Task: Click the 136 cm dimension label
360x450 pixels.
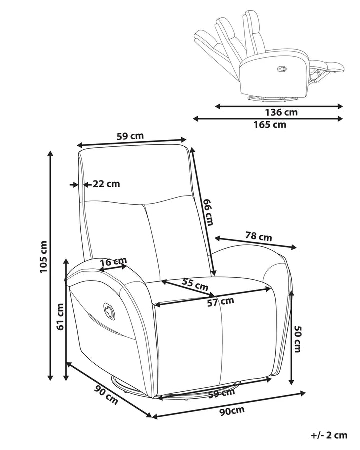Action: pyautogui.click(x=281, y=112)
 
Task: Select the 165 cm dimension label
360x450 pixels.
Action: pyautogui.click(x=270, y=125)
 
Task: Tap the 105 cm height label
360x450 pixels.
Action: pyautogui.click(x=43, y=257)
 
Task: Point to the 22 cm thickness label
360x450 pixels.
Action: pyautogui.click(x=106, y=184)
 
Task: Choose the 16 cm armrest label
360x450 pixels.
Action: pyautogui.click(x=113, y=261)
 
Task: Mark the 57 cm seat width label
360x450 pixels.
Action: pyautogui.click(x=221, y=302)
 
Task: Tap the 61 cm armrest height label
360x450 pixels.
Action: pyautogui.click(x=60, y=317)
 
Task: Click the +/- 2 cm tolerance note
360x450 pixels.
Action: pyautogui.click(x=329, y=435)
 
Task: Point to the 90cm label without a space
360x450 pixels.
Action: pyautogui.click(x=232, y=411)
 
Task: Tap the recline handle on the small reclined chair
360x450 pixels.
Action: pyautogui.click(x=282, y=69)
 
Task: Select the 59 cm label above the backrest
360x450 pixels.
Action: pyautogui.click(x=130, y=135)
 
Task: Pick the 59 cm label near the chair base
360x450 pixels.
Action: pyautogui.click(x=222, y=393)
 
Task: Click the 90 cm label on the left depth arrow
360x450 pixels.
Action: pyautogui.click(x=106, y=395)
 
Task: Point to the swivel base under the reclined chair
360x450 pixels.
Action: pyautogui.click(x=271, y=98)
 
